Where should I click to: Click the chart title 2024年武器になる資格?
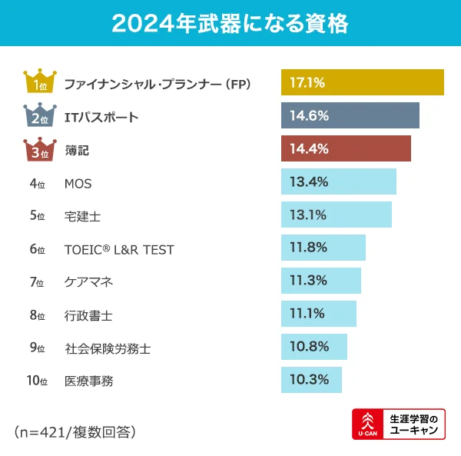[x=230, y=23]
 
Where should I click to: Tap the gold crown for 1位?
[x=38, y=82]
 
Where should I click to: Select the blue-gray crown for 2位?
[x=38, y=115]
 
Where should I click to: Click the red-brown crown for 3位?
[x=38, y=149]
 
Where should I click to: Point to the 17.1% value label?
[x=307, y=82]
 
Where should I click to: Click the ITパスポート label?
[x=101, y=117]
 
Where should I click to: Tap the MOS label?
[x=78, y=183]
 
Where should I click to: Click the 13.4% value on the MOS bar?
[x=309, y=182]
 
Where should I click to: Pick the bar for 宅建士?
[x=337, y=215]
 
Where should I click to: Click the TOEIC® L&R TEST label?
[x=119, y=249]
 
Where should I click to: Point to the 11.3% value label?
[x=309, y=281]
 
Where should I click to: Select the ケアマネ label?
[x=88, y=282]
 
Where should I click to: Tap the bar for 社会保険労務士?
[x=314, y=348]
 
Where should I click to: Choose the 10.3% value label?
[x=309, y=379]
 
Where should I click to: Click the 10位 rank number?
[x=37, y=381]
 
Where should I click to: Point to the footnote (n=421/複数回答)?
[x=75, y=432]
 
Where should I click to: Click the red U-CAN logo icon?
[x=366, y=424]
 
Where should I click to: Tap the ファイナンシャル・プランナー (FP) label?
[x=158, y=83]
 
